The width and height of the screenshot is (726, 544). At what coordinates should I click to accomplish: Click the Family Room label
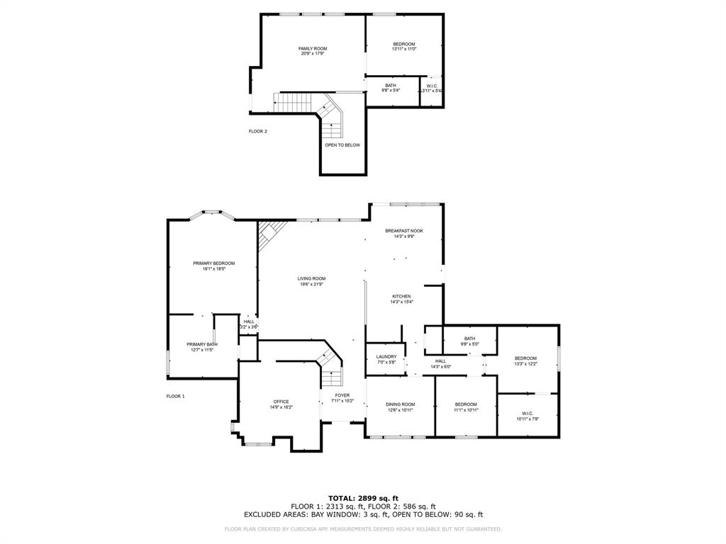click(313, 49)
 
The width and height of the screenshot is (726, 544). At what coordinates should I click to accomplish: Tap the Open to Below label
click(342, 145)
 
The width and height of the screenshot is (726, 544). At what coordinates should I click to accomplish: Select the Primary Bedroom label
click(213, 263)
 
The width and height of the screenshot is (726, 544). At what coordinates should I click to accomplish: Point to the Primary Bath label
click(201, 344)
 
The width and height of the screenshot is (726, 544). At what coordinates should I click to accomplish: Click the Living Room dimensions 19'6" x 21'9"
click(311, 284)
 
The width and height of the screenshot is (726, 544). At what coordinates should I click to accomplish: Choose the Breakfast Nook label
click(404, 231)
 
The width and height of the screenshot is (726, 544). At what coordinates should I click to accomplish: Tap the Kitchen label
click(401, 297)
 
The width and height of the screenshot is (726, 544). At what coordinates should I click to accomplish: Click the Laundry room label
click(386, 357)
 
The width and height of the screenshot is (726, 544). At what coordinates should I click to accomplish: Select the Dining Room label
click(401, 404)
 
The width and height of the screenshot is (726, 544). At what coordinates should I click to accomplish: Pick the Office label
click(281, 402)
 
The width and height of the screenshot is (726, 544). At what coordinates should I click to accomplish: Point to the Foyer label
click(342, 395)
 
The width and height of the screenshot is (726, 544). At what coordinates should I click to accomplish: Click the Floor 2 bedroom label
click(404, 44)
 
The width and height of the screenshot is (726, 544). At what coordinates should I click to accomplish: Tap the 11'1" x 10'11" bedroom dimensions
click(466, 410)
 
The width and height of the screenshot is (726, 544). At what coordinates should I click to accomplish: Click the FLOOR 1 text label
click(175, 396)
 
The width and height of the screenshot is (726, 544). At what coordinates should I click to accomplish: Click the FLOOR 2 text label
click(257, 131)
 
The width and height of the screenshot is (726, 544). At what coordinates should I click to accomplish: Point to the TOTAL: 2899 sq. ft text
click(363, 499)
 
